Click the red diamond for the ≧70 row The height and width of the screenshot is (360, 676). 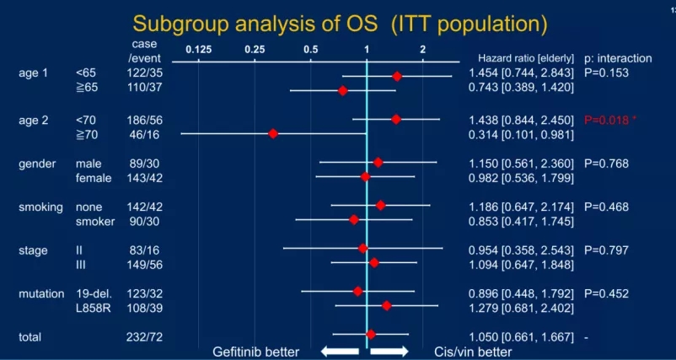273,134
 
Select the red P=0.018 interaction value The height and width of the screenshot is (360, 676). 609,120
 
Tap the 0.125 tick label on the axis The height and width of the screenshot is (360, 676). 199,50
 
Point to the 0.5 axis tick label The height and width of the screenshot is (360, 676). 311,50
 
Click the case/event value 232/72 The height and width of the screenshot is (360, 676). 145,336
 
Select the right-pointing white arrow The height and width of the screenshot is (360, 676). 389,351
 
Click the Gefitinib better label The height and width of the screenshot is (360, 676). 255,352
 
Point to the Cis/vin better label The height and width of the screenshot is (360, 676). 473,352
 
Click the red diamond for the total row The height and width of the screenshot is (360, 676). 370,336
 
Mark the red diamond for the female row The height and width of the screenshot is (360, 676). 365,176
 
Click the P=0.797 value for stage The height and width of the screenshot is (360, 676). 606,250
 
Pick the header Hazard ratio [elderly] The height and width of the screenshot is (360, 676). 526,59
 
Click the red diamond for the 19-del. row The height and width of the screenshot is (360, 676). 358,292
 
